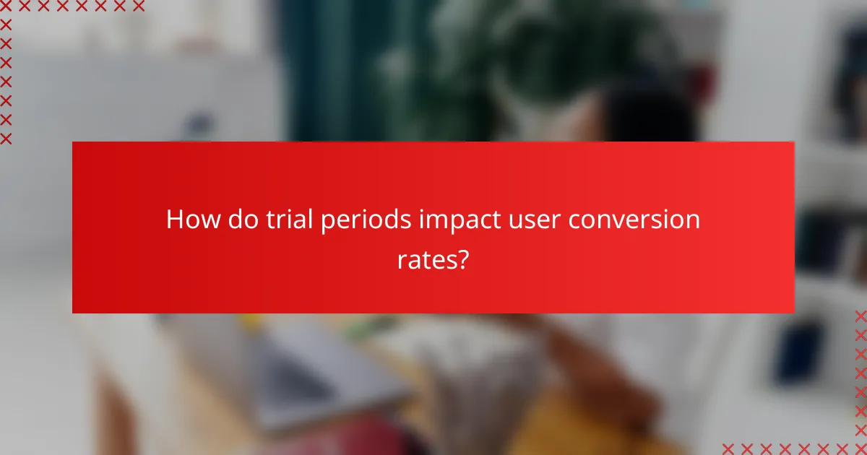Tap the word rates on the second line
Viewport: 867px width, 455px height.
coord(425,259)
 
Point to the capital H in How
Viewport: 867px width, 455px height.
coord(174,220)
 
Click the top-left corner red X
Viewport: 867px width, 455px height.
coord(6,6)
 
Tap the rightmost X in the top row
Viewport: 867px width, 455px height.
coord(139,6)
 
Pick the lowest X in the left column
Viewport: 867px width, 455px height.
coord(6,138)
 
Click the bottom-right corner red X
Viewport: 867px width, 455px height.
coord(860,448)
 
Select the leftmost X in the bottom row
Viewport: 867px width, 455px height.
coord(728,448)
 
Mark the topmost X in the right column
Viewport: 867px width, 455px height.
coord(860,316)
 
